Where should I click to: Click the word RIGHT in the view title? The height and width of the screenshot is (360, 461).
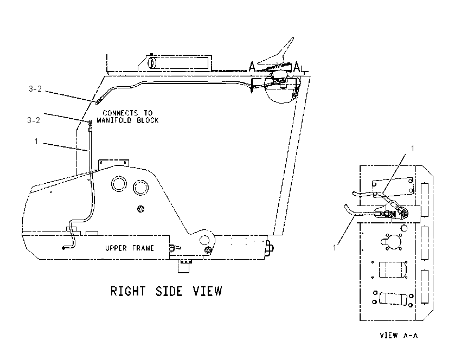pyautogui.click(x=128, y=291)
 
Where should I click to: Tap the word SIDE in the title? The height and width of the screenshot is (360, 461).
pyautogui.click(x=169, y=291)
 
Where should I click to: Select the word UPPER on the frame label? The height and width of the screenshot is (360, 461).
pyautogui.click(x=116, y=248)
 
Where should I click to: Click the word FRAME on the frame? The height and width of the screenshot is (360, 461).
pyautogui.click(x=143, y=248)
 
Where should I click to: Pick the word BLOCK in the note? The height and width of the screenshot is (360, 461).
pyautogui.click(x=148, y=120)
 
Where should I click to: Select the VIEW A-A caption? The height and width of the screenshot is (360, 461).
pyautogui.click(x=399, y=335)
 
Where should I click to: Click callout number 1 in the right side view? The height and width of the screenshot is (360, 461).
pyautogui.click(x=36, y=142)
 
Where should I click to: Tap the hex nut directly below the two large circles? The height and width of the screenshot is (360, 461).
pyautogui.click(x=141, y=209)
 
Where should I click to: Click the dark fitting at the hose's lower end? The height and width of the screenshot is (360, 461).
pyautogui.click(x=63, y=248)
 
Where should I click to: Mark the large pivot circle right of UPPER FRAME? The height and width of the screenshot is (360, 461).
pyautogui.click(x=204, y=240)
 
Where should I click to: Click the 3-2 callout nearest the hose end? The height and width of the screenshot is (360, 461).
pyautogui.click(x=34, y=120)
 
